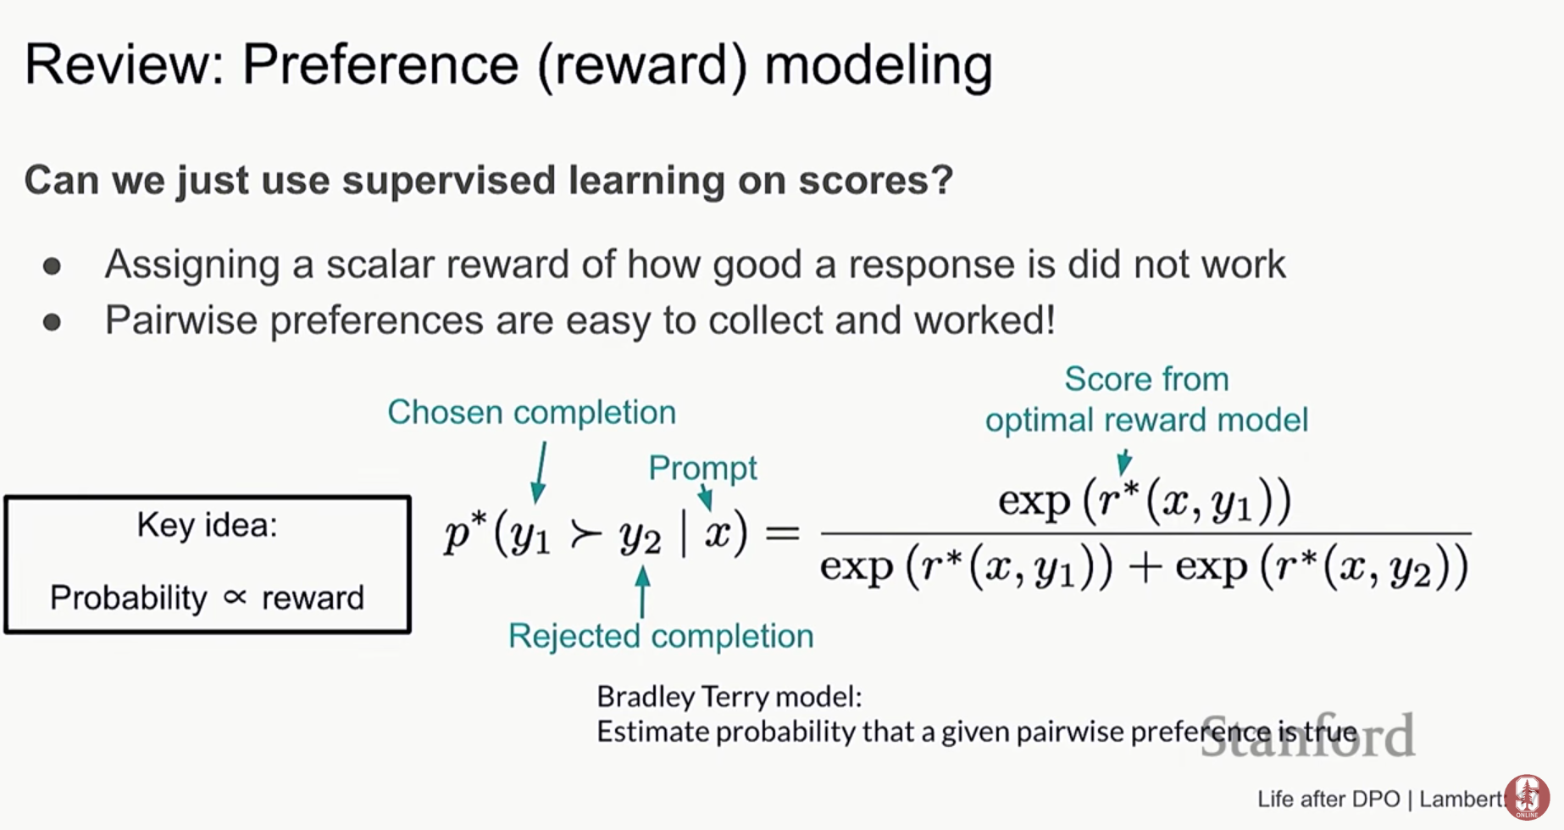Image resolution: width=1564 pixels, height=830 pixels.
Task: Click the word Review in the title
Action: click(x=124, y=64)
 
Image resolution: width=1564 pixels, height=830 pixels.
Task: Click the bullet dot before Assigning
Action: click(x=52, y=266)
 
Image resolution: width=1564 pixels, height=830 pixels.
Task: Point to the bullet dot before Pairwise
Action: click(x=52, y=322)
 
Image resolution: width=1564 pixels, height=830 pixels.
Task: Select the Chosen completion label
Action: click(x=531, y=412)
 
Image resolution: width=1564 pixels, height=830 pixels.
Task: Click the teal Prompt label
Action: click(x=702, y=468)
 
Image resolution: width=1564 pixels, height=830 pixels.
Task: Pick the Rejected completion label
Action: click(x=661, y=636)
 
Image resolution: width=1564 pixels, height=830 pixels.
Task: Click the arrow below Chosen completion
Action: click(x=539, y=472)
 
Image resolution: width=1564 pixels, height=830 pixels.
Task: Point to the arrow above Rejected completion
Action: click(x=643, y=592)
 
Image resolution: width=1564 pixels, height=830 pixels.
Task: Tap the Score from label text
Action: click(x=1146, y=379)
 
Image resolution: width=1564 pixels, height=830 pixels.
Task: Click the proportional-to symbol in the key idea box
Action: click(x=235, y=598)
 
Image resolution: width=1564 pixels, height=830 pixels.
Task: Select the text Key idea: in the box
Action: click(x=208, y=526)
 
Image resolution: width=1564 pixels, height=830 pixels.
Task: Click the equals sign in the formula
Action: click(x=782, y=533)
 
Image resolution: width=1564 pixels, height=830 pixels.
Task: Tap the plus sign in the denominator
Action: click(x=1144, y=567)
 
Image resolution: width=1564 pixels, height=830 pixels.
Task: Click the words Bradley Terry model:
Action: click(x=729, y=697)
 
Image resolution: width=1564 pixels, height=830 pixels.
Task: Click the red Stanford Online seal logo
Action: click(x=1528, y=796)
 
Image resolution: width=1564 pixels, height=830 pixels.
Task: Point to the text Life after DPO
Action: click(x=1328, y=799)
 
